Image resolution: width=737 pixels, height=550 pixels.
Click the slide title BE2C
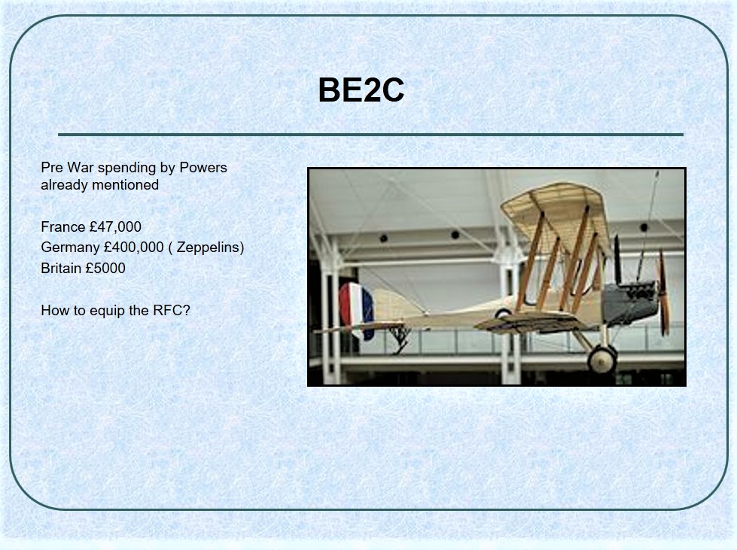tap(361, 90)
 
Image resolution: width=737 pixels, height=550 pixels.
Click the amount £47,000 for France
tap(115, 227)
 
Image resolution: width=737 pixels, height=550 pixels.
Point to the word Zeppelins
tap(207, 248)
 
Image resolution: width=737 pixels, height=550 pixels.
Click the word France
tap(63, 227)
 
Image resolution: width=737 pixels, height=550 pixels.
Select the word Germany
tap(70, 248)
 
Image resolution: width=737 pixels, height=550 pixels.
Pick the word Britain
tap(61, 268)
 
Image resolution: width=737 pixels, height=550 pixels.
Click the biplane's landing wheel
tap(602, 360)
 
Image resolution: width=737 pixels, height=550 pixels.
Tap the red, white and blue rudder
tap(356, 309)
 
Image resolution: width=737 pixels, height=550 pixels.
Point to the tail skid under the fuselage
tap(400, 337)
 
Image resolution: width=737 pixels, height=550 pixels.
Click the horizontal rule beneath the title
tap(370, 135)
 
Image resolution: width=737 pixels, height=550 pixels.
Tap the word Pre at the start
tap(52, 167)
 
